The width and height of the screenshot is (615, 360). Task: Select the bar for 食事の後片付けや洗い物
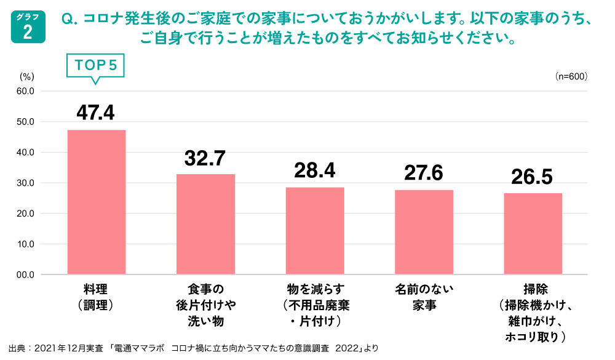point(205,224)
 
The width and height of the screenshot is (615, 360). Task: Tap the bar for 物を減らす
point(315,231)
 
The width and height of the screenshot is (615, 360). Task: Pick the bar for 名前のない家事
point(424,232)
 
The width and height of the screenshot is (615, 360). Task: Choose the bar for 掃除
point(533,234)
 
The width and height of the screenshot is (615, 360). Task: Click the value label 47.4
point(96,113)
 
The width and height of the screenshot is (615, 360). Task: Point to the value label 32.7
point(205,158)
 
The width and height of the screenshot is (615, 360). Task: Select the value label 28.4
point(315,171)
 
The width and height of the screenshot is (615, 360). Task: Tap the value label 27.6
point(424,173)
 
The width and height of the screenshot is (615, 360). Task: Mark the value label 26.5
point(533,177)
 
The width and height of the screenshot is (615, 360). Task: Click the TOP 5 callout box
point(95,65)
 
